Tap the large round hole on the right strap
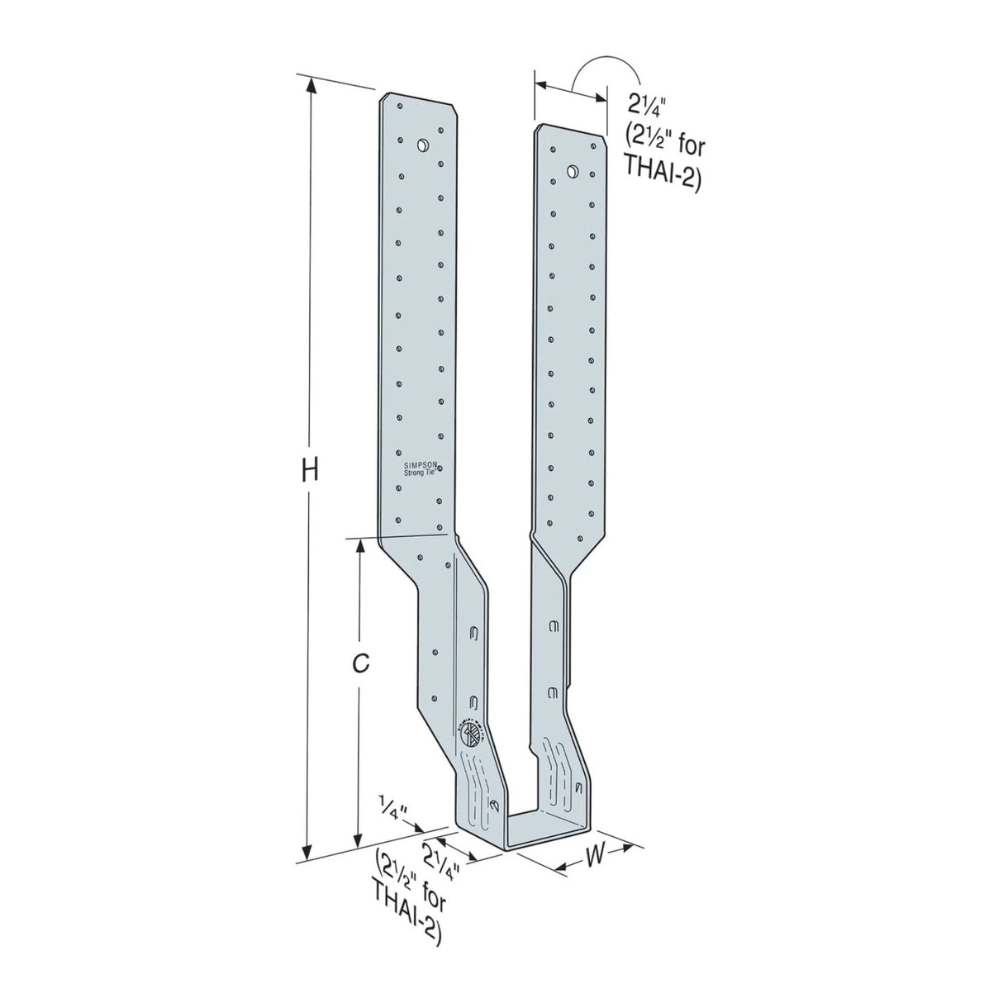[571, 171]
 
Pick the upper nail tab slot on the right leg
[554, 627]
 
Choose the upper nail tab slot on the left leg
[475, 635]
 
